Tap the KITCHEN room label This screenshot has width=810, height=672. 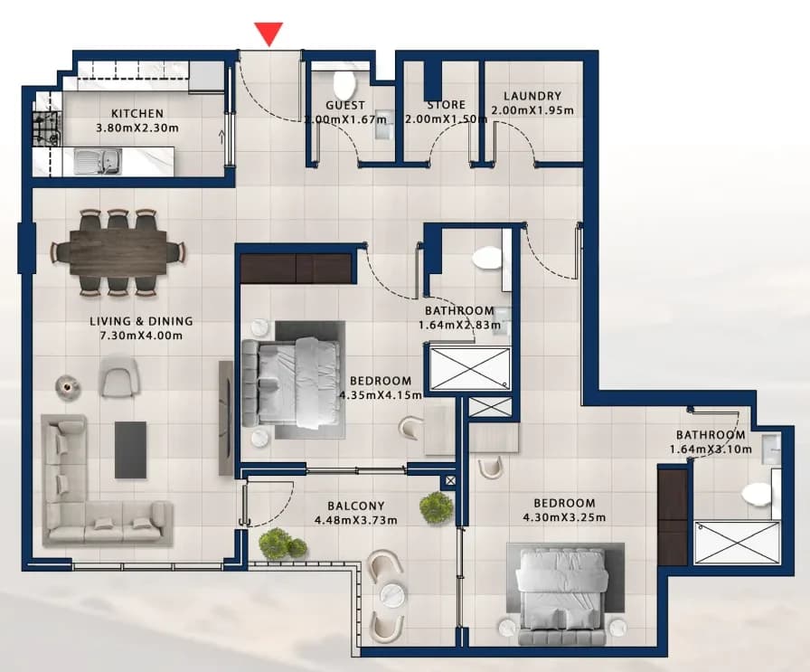point(137,113)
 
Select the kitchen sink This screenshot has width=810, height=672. point(98,161)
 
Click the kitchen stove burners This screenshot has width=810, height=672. point(46,128)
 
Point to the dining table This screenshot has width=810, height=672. point(118,252)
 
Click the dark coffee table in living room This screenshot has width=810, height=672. point(131,450)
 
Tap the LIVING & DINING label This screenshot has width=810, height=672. point(141,321)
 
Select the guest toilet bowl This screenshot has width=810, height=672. point(344,82)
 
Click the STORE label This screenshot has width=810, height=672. point(447,105)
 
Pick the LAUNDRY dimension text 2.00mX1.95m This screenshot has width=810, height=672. point(532,110)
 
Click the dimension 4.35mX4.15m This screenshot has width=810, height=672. point(381,395)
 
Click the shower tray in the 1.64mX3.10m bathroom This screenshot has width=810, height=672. point(736,544)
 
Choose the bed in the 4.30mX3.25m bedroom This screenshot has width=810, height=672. point(562,597)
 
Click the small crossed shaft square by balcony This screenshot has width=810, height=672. point(450,481)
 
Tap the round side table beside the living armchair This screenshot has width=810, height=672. point(67,386)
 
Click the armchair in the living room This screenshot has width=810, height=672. point(119,377)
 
